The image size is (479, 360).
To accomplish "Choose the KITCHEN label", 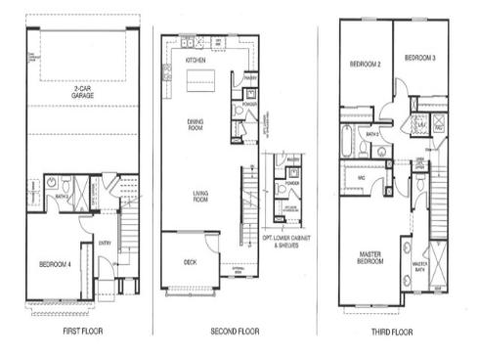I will [196, 61].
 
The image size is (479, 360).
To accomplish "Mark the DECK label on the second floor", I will [190, 261].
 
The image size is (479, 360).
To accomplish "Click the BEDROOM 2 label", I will [363, 65].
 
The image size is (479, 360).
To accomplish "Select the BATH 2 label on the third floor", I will [371, 134].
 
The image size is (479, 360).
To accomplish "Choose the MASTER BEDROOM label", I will [368, 257].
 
